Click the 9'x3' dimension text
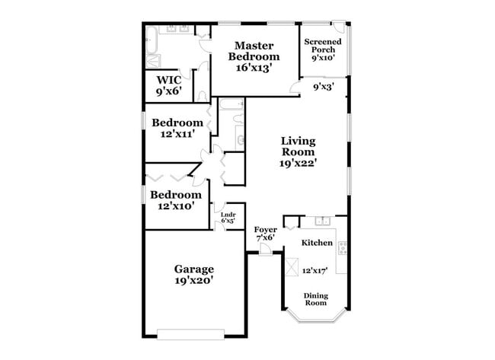click(324, 87)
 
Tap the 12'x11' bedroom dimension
click(177, 134)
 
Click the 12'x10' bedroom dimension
click(175, 205)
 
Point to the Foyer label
click(265, 228)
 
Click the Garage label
click(193, 269)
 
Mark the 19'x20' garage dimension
click(193, 280)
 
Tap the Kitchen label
click(317, 243)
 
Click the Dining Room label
click(317, 299)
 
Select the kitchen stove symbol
click(342, 247)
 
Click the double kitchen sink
click(323, 221)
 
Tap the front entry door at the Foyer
click(264, 250)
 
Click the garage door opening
click(190, 332)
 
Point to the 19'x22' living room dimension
click(298, 161)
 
